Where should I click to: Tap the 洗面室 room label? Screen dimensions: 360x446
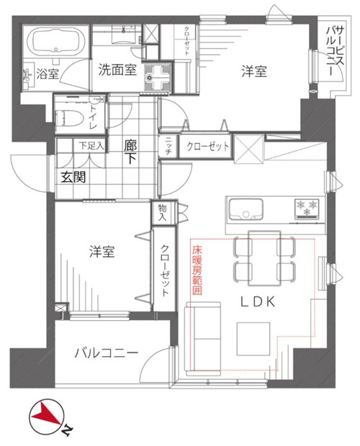pyautogui.click(x=117, y=69)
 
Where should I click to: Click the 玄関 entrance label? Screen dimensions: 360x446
pyautogui.click(x=73, y=178)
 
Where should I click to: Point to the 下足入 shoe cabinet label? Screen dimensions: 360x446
pyautogui.click(x=91, y=146)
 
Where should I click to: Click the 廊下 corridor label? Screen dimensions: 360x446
pyautogui.click(x=130, y=153)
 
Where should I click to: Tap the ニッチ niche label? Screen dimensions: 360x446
pyautogui.click(x=168, y=145)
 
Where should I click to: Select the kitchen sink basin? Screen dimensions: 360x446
pyautogui.click(x=246, y=209)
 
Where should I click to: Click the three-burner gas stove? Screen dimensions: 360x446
pyautogui.click(x=307, y=209)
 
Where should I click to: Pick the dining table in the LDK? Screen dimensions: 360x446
pyautogui.click(x=264, y=258)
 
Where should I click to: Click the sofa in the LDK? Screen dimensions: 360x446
pyautogui.click(x=203, y=339)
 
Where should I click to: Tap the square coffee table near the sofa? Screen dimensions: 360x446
pyautogui.click(x=253, y=339)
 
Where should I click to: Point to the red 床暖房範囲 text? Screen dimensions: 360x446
pyautogui.click(x=197, y=270)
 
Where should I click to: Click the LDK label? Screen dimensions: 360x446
pyautogui.click(x=258, y=302)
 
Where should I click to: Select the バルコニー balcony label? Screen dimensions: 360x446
pyautogui.click(x=106, y=353)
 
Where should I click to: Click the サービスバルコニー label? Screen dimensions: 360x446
pyautogui.click(x=336, y=51)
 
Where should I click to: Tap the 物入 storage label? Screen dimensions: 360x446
pyautogui.click(x=163, y=213)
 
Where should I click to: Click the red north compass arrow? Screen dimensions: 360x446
pyautogui.click(x=46, y=414)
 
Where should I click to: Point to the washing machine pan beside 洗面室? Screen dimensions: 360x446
pyautogui.click(x=157, y=77)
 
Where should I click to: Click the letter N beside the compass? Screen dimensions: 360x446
pyautogui.click(x=68, y=429)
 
